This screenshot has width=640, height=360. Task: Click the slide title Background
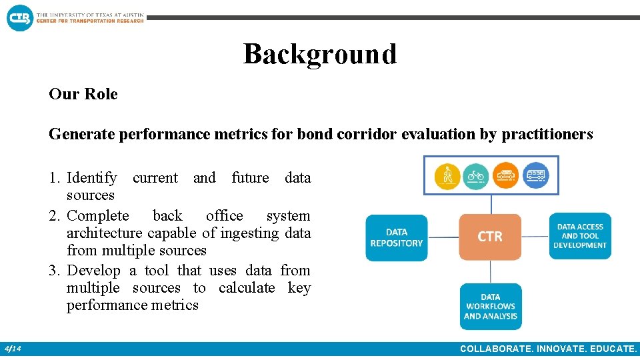point(319,54)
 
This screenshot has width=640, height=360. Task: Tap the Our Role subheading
point(83,94)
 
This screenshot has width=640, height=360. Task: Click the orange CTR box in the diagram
point(490,237)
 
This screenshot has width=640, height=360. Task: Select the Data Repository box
point(396,237)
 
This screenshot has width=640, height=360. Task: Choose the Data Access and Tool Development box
point(579,236)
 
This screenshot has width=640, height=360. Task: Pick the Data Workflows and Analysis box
point(490,306)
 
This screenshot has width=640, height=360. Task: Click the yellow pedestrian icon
point(447,175)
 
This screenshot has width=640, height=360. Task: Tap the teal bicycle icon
point(476,175)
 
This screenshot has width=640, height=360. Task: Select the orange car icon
point(505,175)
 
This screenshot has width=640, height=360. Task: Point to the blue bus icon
point(535,175)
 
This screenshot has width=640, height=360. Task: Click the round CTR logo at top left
point(19,17)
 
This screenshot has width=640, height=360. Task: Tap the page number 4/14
point(13,349)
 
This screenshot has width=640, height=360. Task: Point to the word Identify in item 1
point(92,178)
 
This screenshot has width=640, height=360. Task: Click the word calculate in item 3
point(247,288)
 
